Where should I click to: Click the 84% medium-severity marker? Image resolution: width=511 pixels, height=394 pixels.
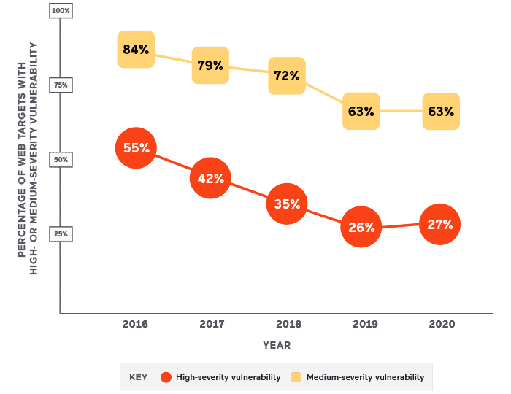(x=136, y=50)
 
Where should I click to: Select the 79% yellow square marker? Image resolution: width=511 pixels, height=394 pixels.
(x=210, y=66)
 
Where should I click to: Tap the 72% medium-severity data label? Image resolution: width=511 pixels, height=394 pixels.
(x=287, y=76)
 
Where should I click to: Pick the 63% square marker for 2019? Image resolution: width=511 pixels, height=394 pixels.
(x=361, y=112)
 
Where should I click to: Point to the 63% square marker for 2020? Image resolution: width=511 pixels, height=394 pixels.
(x=441, y=112)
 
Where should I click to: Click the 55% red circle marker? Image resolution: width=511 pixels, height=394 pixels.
(x=136, y=147)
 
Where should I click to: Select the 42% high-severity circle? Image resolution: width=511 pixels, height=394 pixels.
(x=211, y=178)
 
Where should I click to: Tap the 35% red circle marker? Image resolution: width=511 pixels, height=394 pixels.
(x=287, y=204)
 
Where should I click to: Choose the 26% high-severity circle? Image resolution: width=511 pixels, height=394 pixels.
(x=361, y=227)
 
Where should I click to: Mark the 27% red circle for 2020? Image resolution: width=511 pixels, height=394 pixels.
(x=440, y=224)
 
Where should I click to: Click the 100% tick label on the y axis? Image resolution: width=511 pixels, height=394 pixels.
(x=61, y=11)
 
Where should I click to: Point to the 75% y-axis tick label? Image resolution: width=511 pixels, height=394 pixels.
(x=61, y=85)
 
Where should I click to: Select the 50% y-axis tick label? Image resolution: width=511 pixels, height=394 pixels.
(x=61, y=160)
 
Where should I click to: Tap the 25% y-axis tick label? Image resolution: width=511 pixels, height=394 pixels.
(x=61, y=234)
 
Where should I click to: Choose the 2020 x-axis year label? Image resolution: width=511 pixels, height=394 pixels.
(x=441, y=324)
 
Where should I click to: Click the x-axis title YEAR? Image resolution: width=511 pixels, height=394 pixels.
(x=277, y=345)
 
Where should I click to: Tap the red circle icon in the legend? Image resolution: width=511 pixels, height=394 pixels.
(x=166, y=377)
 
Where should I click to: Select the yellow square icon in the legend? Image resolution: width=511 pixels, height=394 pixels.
(x=296, y=377)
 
